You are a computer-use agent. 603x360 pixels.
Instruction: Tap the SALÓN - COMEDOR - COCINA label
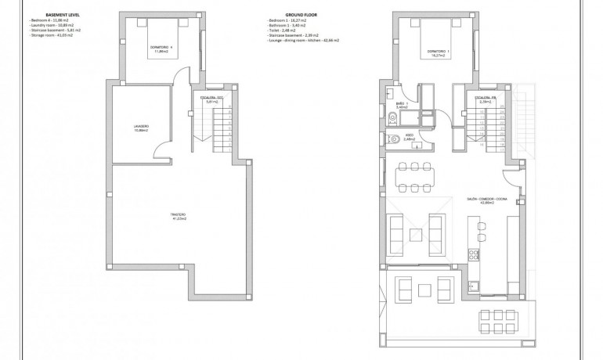[x=480, y=200]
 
